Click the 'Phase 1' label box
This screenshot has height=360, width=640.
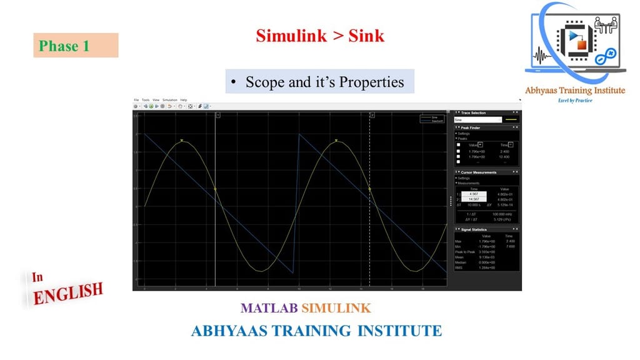coord(76,46)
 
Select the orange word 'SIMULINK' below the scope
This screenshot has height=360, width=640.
coord(336,308)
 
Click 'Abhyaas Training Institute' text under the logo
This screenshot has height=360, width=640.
coord(575,91)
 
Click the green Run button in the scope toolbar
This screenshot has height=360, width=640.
coord(151,106)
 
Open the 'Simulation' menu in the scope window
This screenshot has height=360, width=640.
coord(170,100)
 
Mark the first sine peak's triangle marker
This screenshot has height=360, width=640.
coord(182,141)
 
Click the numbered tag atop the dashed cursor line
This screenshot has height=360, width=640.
coord(372,116)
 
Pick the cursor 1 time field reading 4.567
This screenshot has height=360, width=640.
coord(474,194)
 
